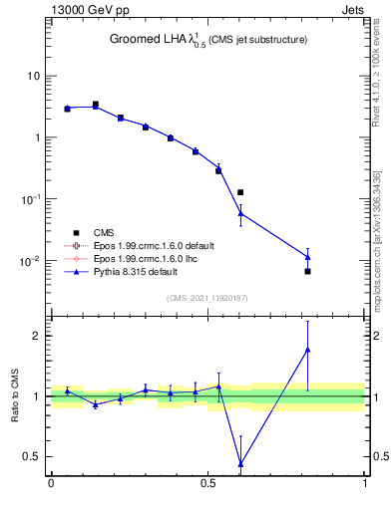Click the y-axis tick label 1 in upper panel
pos(38,137)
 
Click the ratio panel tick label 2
pos(38,336)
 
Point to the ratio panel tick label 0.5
pos(32,457)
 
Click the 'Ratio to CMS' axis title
pos(15,395)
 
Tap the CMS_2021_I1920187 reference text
pos(208,298)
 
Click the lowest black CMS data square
pos(308,271)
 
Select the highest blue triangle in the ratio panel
pos(308,350)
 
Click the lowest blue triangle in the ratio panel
pos(240,463)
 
